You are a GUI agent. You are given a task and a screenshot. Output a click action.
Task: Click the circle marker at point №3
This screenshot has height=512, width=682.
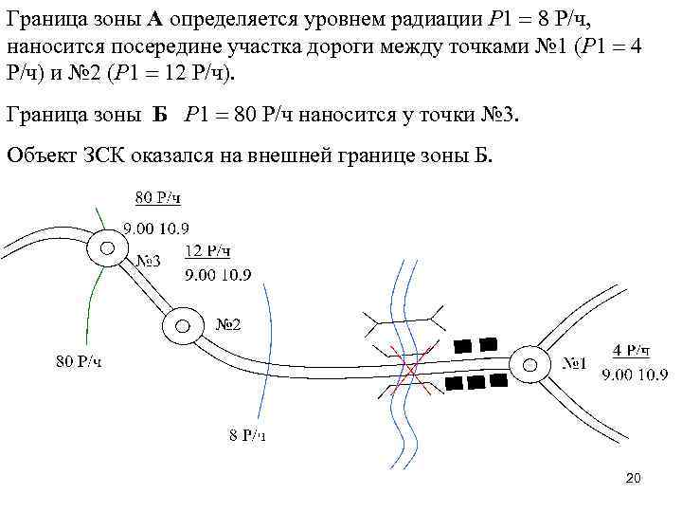tap(107, 248)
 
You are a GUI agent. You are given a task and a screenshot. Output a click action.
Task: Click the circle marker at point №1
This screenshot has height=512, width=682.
tap(529, 362)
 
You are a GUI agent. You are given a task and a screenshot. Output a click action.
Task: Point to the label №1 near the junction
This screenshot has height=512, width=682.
tap(574, 362)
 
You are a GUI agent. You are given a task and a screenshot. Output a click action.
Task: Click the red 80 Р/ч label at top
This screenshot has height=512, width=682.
tap(157, 197)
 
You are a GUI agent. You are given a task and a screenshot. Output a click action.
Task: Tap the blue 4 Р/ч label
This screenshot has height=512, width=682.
tap(632, 349)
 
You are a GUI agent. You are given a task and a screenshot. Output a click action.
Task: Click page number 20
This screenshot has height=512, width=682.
tap(634, 478)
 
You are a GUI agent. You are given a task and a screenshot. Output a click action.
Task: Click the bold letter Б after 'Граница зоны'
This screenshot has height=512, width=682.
tap(160, 116)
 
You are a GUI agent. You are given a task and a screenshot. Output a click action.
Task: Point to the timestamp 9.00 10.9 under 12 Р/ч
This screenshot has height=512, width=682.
tap(218, 275)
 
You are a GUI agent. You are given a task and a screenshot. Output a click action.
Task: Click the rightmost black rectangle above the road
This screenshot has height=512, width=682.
tap(488, 344)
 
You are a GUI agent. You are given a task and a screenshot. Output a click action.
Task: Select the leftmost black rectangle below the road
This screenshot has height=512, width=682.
tap(454, 384)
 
